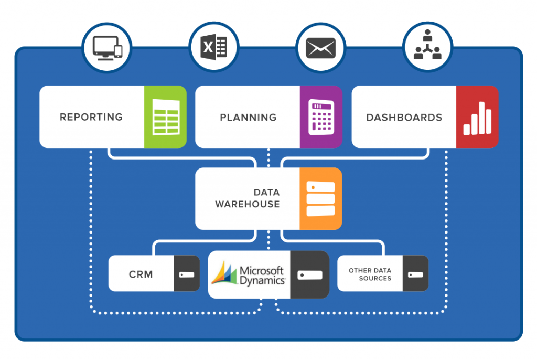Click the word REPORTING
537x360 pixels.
(91, 117)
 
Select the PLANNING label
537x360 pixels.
(248, 117)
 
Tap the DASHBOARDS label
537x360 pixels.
(404, 117)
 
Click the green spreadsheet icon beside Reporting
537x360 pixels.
(165, 117)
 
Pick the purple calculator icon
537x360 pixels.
(321, 117)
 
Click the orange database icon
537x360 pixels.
(320, 198)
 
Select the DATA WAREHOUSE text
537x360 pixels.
(248, 198)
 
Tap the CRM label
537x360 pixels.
(141, 274)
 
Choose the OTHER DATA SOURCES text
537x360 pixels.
(370, 274)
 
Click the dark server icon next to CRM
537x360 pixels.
(187, 274)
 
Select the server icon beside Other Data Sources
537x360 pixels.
(416, 274)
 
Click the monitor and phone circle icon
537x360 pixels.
(107, 49)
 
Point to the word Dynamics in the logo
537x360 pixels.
(262, 280)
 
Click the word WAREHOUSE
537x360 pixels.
(248, 204)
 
